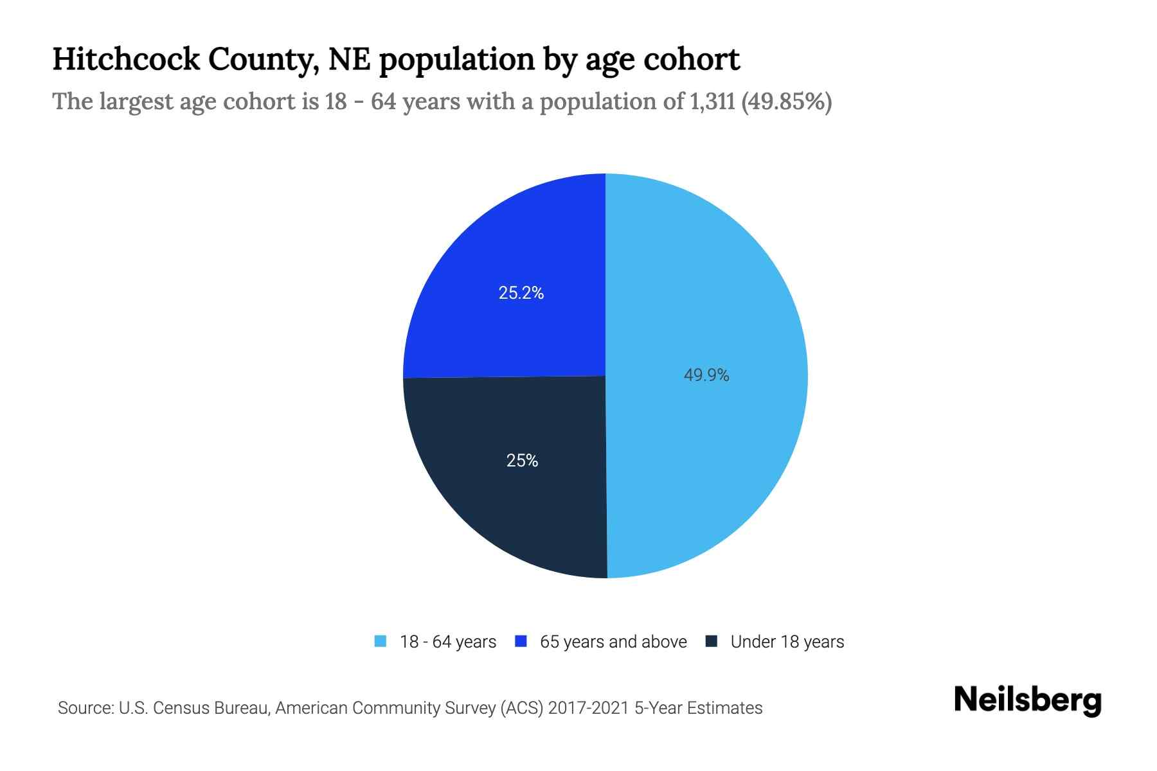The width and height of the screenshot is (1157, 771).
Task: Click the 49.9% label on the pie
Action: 706,375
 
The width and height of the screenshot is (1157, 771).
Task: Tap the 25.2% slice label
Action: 521,293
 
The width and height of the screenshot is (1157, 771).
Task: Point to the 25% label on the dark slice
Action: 522,461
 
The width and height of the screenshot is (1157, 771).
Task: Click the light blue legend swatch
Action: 381,641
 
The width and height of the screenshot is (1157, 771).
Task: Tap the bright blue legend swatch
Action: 521,641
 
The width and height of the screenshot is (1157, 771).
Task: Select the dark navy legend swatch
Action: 712,641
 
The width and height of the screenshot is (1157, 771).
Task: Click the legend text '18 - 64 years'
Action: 448,642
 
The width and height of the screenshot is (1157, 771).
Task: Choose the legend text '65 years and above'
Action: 613,642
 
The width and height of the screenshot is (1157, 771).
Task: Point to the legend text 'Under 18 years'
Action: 787,642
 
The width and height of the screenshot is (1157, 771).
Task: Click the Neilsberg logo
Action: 1027,701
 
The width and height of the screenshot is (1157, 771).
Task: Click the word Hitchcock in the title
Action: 126,59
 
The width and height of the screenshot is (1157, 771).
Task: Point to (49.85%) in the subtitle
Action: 786,102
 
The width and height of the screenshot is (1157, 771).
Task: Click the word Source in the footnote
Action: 84,708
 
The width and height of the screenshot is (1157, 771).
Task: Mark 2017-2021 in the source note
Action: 588,708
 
